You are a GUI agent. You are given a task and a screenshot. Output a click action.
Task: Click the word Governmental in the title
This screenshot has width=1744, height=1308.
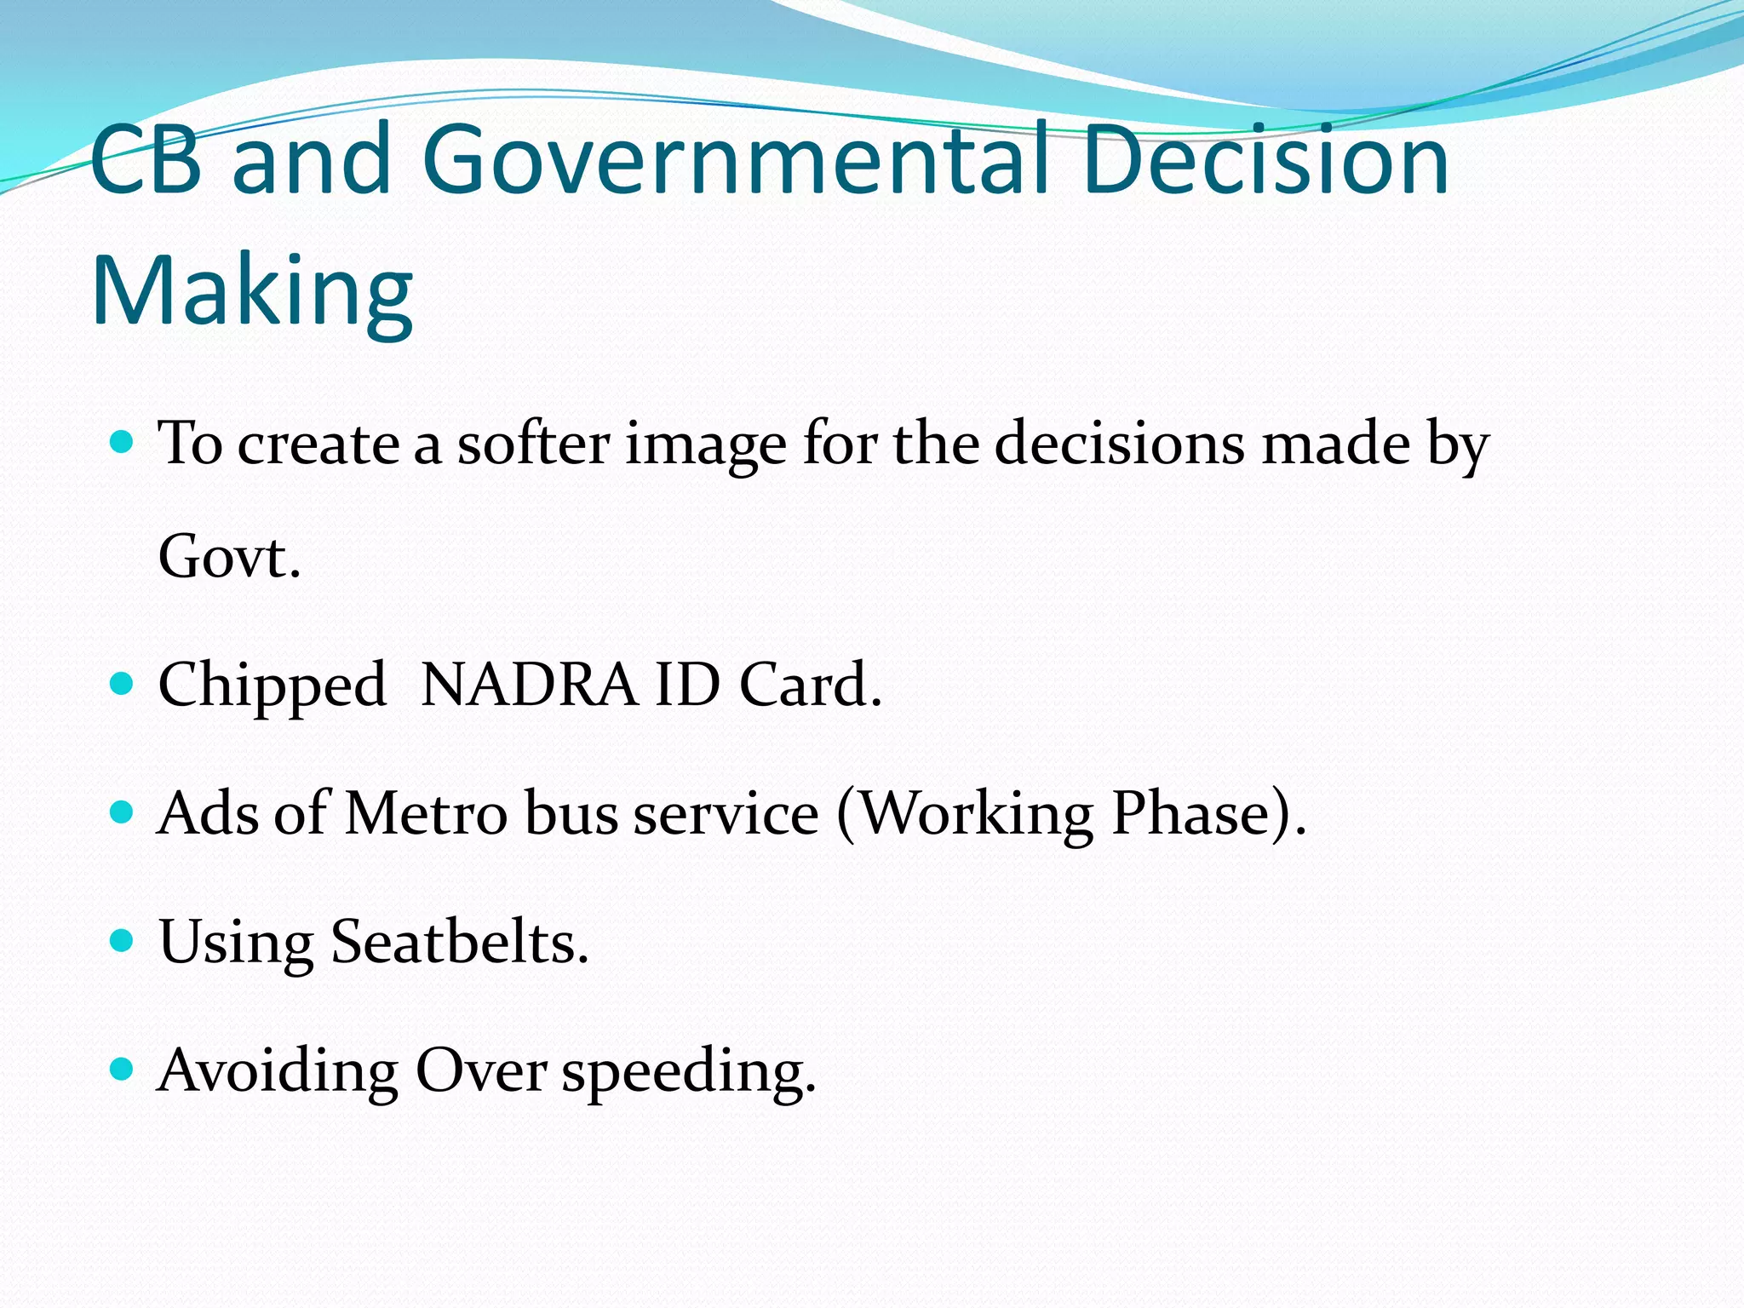(734, 160)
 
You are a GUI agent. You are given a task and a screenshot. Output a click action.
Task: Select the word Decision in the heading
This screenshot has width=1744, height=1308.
(1266, 160)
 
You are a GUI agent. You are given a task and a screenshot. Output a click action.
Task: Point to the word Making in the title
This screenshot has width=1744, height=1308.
(252, 291)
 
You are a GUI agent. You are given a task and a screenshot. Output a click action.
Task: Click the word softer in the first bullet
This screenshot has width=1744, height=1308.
(534, 445)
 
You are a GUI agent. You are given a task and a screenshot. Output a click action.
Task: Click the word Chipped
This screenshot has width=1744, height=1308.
(272, 686)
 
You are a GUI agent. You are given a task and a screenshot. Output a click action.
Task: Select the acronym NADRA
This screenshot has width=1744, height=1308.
(529, 685)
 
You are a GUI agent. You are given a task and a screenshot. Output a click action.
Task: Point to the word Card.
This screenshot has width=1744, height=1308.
(811, 685)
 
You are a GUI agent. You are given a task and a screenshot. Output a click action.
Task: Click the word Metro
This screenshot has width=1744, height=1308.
(426, 814)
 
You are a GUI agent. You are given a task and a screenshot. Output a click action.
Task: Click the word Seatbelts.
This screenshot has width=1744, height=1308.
(460, 943)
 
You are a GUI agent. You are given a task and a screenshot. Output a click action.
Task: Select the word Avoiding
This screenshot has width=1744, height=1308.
(278, 1072)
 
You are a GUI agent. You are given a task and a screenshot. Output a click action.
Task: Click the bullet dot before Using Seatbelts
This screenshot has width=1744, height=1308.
(123, 940)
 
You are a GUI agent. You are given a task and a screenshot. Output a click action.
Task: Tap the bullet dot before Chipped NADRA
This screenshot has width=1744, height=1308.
(123, 683)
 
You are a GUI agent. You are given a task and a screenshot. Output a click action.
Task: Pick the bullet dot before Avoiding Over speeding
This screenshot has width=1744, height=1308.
(123, 1069)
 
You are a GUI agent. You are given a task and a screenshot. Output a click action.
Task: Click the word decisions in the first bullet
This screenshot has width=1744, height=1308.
(1118, 445)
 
